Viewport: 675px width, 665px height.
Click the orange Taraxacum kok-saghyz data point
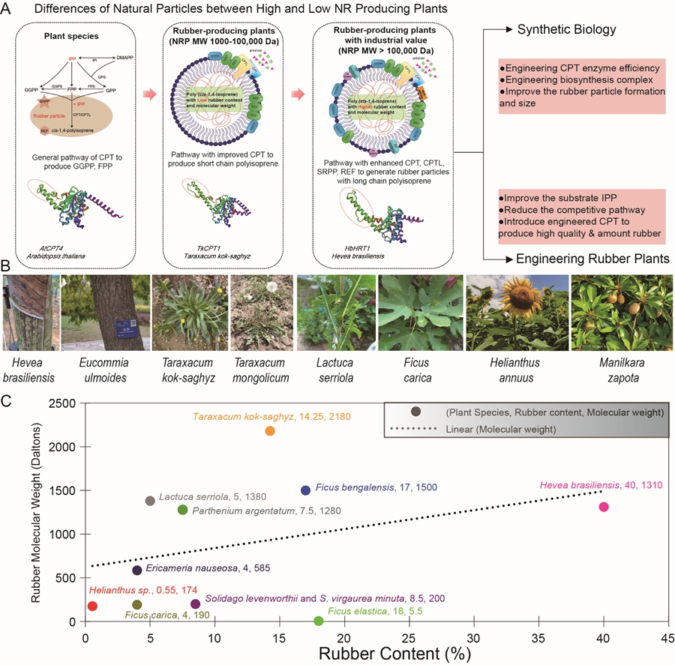[x=270, y=431]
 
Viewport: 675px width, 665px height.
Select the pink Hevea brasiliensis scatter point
[x=604, y=507]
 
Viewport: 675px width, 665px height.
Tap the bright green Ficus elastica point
[x=318, y=621]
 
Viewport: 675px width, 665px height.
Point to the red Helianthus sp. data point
[x=92, y=606]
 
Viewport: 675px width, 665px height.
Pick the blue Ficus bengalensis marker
[x=305, y=490]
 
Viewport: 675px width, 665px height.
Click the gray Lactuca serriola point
[x=150, y=501]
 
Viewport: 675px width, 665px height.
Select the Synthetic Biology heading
[x=566, y=30]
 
